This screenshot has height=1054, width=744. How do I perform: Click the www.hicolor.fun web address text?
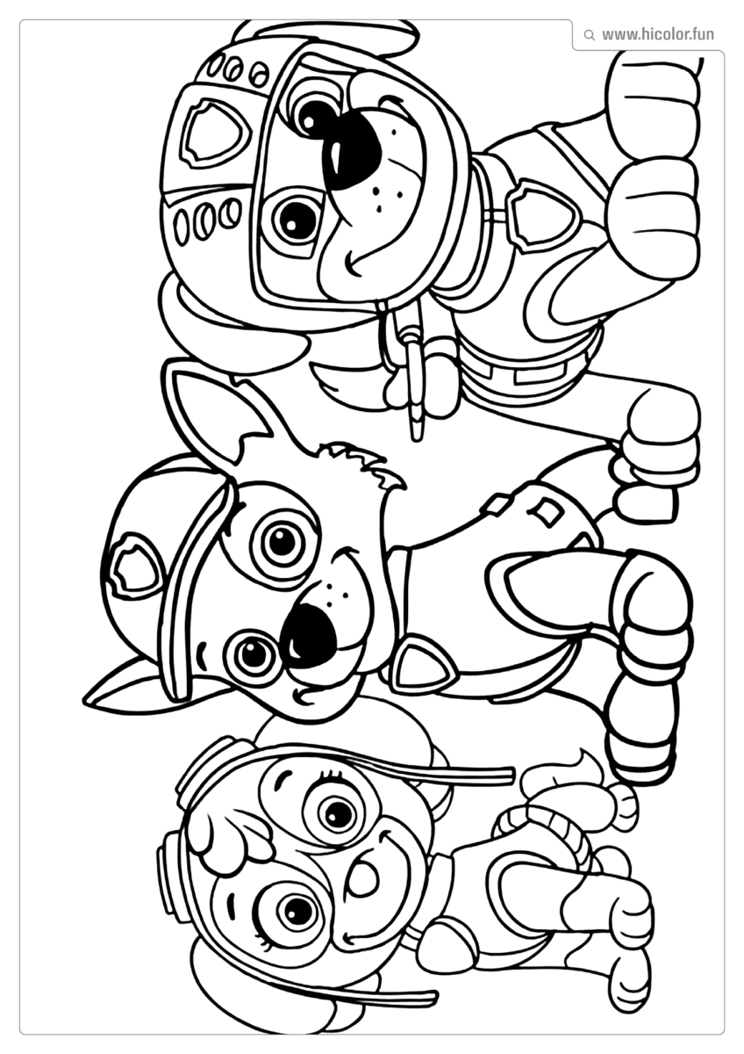657,35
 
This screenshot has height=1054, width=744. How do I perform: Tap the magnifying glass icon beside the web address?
589,35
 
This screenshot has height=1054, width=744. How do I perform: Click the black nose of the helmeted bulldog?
349,148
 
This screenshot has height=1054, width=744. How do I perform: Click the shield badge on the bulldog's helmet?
213,132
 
